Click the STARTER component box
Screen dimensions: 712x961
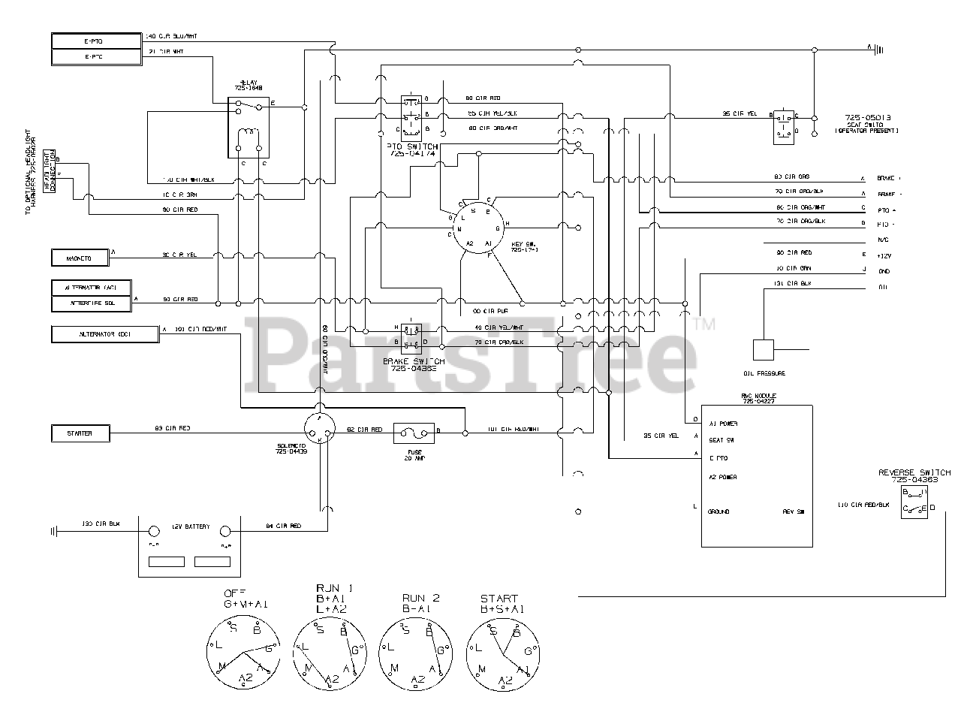click(x=81, y=433)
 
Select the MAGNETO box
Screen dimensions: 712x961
click(x=80, y=258)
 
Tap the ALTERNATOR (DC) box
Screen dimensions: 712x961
click(x=105, y=333)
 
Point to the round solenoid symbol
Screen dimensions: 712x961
click(x=320, y=430)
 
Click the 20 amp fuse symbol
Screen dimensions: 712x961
click(x=414, y=431)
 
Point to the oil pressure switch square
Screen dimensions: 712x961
click(x=763, y=350)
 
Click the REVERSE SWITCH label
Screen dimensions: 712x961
click(x=914, y=472)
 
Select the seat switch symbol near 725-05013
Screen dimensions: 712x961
click(x=785, y=125)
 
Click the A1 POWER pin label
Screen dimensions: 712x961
click(x=723, y=424)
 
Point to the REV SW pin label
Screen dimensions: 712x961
click(x=793, y=511)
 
